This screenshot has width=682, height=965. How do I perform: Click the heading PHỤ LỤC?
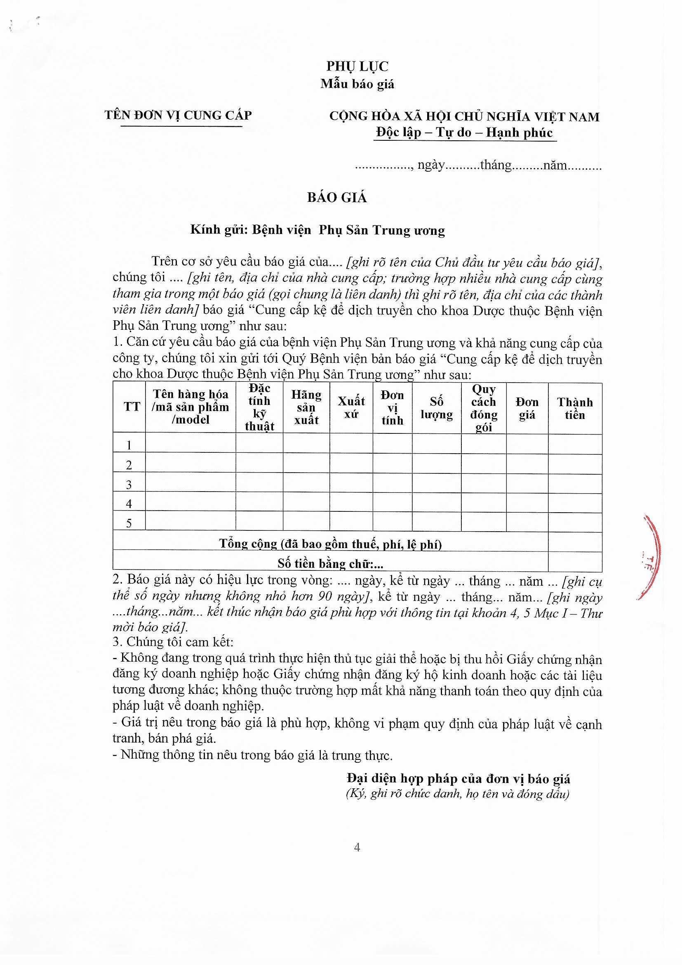[357, 66]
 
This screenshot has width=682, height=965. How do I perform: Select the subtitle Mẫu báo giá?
[357, 84]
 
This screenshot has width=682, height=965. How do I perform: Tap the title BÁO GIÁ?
[337, 198]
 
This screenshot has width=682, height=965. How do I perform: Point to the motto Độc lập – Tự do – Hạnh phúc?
[464, 132]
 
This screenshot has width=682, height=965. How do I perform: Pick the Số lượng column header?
[436, 408]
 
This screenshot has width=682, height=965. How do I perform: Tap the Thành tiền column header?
[575, 408]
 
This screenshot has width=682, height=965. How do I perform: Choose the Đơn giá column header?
[527, 408]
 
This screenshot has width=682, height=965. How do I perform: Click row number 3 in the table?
[129, 485]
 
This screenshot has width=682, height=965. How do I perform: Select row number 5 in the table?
[129, 523]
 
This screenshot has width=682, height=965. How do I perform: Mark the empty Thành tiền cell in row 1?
[575, 443]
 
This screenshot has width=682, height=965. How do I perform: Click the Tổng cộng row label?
[331, 544]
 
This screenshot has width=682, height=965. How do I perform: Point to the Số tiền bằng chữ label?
[331, 564]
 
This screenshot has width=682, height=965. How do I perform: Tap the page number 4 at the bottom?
[357, 847]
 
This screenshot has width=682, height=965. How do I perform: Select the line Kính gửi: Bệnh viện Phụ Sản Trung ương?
[317, 230]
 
